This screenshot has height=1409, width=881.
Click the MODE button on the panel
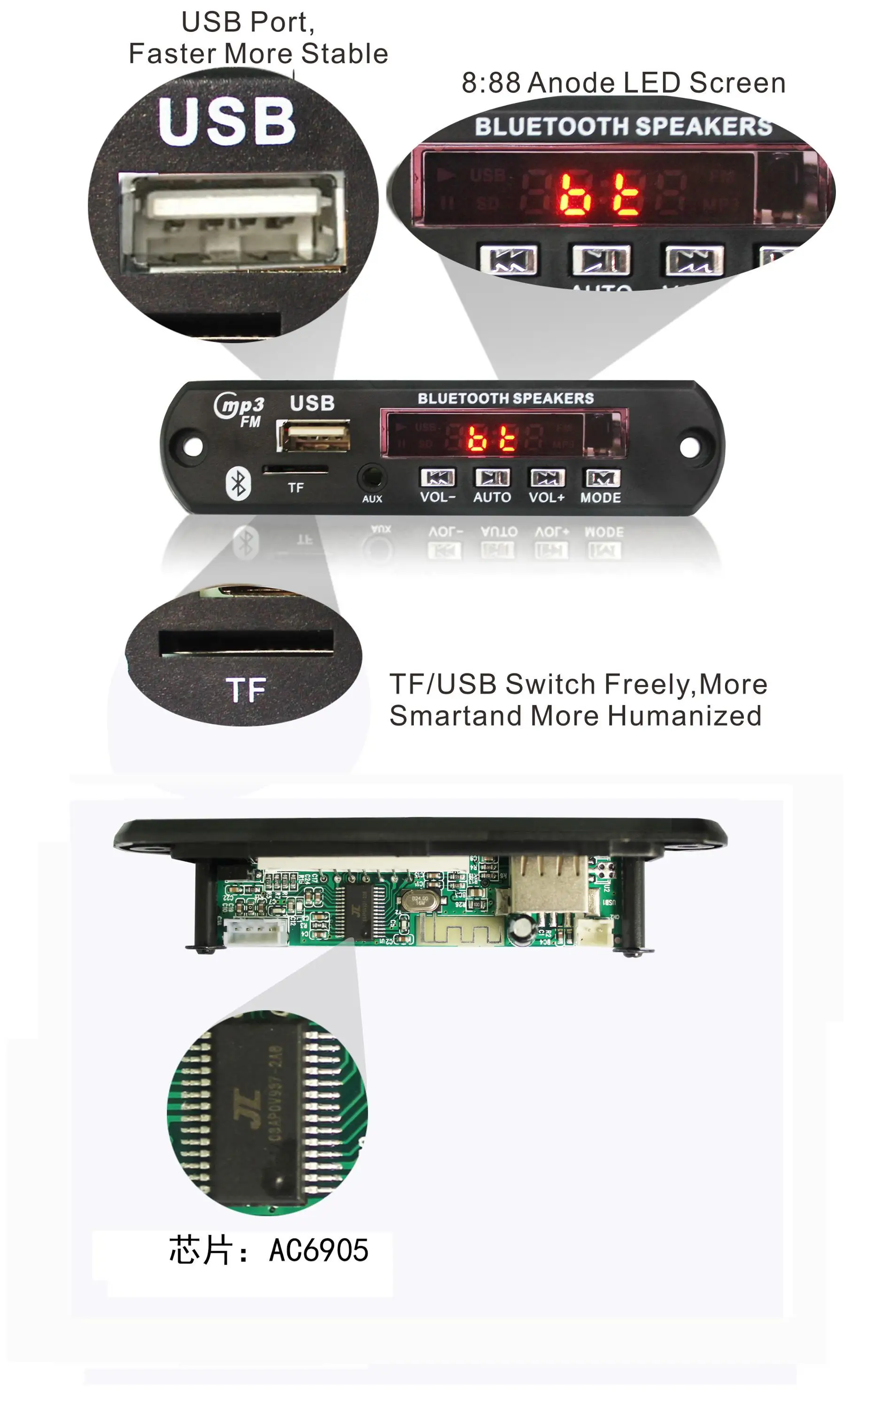(x=603, y=478)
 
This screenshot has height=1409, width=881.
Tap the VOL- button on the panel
(x=438, y=478)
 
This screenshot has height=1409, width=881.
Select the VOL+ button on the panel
(x=547, y=478)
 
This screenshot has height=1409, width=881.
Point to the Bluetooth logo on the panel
(x=238, y=483)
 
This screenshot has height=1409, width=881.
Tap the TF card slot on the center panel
(x=295, y=469)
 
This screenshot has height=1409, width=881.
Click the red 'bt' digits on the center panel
(x=491, y=438)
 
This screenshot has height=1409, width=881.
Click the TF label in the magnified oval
(x=246, y=690)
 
